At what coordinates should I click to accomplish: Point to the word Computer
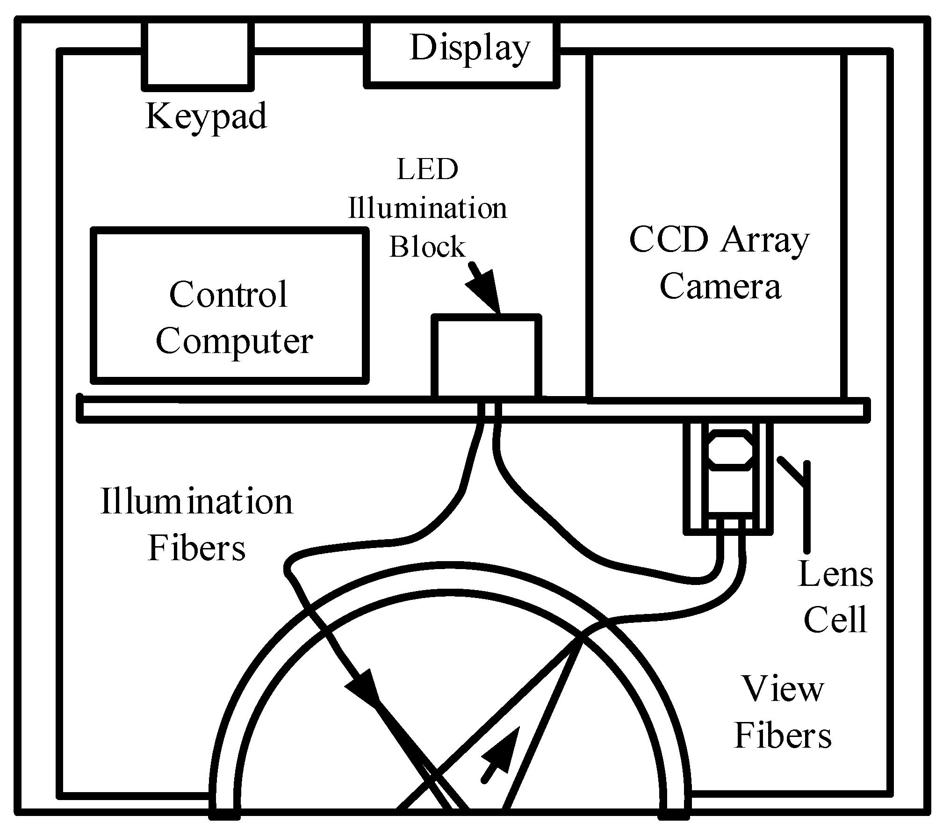(x=234, y=342)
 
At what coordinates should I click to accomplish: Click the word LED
(x=427, y=170)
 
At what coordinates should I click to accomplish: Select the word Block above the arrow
(x=427, y=246)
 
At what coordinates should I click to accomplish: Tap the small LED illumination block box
(x=486, y=357)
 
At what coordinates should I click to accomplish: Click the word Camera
(x=720, y=287)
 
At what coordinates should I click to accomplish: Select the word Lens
(x=835, y=574)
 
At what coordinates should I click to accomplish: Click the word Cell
(x=835, y=620)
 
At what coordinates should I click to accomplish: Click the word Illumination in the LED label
(x=427, y=208)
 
